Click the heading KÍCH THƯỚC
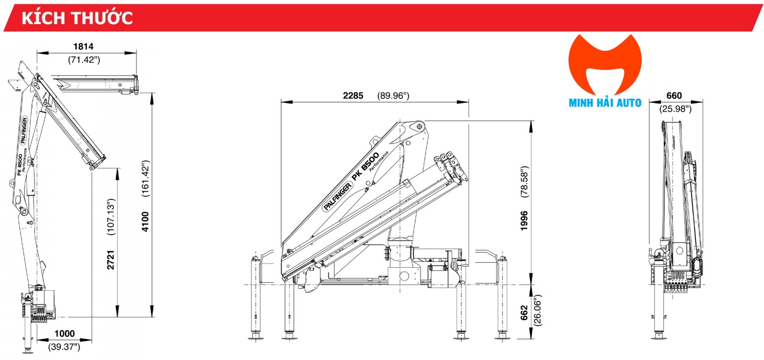(77, 17)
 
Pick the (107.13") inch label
(111, 216)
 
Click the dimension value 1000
(64, 333)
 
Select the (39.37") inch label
(64, 346)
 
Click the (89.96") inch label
(393, 96)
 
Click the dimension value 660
(674, 96)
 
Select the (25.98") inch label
(675, 109)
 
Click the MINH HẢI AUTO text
(605, 103)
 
